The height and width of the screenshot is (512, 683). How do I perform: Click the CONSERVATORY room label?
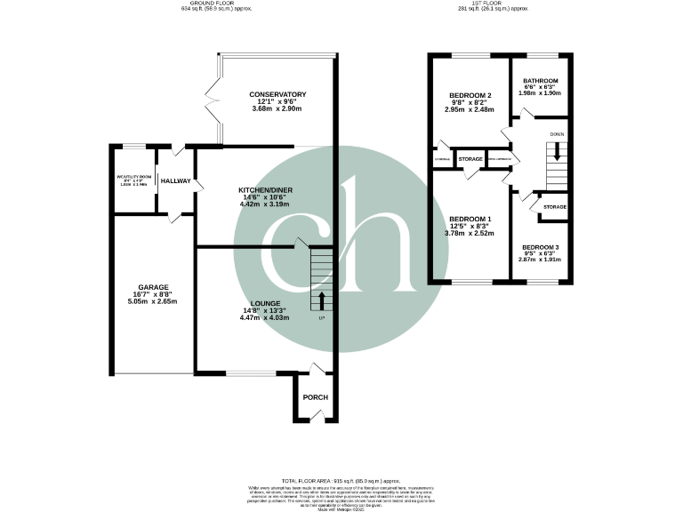click(x=277, y=94)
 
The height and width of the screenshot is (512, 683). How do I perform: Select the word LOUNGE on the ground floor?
click(x=265, y=302)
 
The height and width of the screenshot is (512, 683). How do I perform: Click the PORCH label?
click(x=316, y=397)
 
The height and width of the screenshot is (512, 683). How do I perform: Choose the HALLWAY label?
click(x=176, y=180)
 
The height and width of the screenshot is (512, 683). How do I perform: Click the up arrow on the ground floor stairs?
click(x=322, y=298)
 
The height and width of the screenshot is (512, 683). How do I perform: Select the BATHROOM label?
click(x=541, y=79)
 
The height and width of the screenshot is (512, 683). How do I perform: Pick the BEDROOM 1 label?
click(x=470, y=219)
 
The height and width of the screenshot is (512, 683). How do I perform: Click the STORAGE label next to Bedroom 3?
click(x=555, y=207)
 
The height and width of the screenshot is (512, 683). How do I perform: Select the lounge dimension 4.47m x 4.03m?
click(x=265, y=316)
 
